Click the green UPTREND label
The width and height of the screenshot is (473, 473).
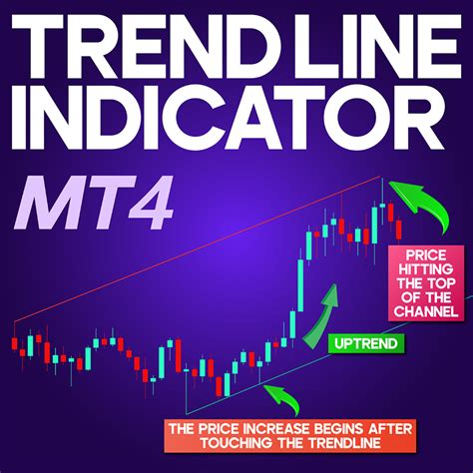pyautogui.click(x=365, y=344)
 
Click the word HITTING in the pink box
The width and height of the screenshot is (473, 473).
pyautogui.click(x=424, y=267)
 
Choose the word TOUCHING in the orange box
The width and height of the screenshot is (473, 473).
pyautogui.click(x=226, y=444)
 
